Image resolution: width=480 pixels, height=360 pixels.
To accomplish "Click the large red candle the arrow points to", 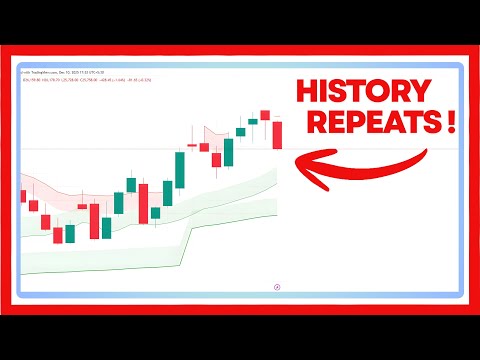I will (277, 134).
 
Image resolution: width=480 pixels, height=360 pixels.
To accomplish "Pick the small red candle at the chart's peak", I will (265, 115).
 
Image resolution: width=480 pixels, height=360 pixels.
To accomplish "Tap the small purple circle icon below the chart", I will (277, 284).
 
